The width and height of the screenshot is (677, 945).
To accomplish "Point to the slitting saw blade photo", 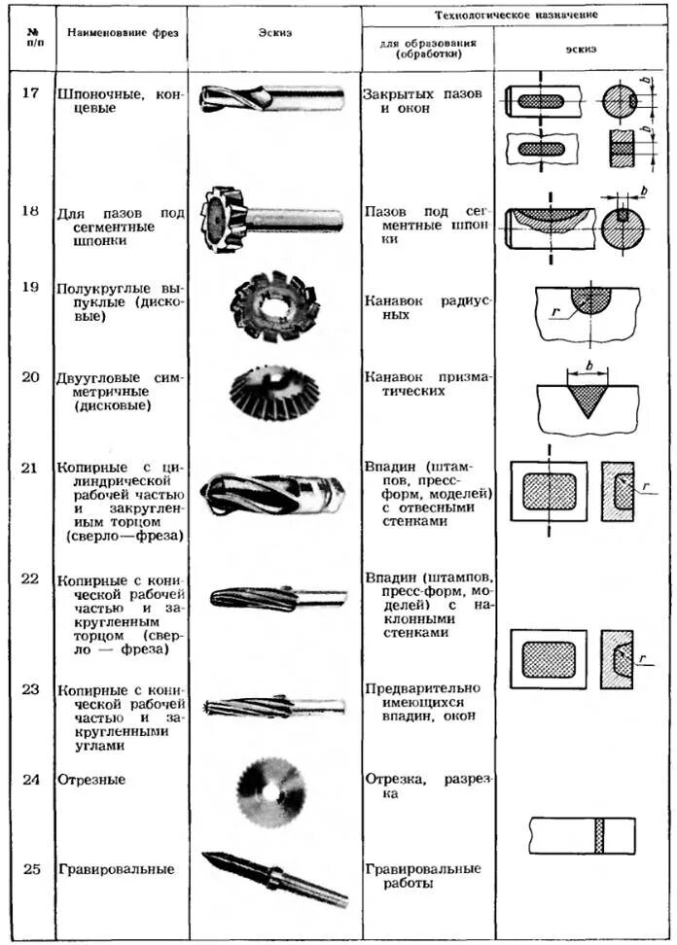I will tap(270, 791).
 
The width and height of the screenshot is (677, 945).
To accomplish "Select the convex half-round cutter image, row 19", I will tap(274, 305).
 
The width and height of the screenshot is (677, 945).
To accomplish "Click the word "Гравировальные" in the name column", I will tap(116, 869).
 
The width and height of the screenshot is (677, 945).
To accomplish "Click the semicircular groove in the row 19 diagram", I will tap(590, 298).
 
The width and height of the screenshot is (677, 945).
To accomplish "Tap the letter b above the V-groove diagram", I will tap(588, 364).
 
